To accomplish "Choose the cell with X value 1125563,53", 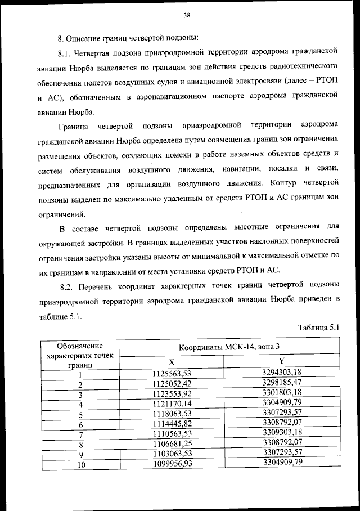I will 172,373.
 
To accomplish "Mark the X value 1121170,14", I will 172,404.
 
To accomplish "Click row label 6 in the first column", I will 80,424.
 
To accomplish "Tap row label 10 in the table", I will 80,464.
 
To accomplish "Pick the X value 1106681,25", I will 172,443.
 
